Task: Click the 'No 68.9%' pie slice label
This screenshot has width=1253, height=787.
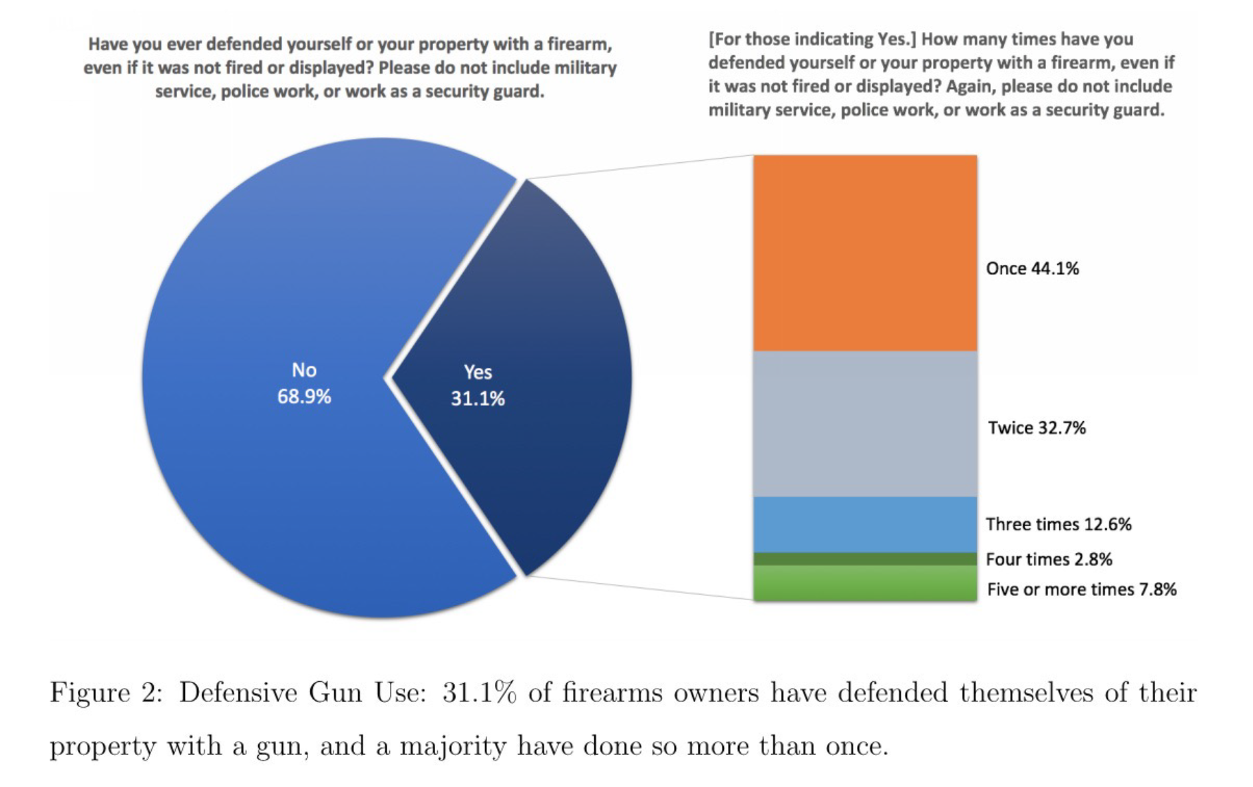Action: [x=304, y=383]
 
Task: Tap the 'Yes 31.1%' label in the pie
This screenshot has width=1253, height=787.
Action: [x=478, y=385]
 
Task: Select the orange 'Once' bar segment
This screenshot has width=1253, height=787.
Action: [x=864, y=253]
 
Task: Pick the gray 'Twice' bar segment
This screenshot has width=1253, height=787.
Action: [x=864, y=424]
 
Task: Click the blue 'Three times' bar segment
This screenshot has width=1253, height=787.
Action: [x=864, y=524]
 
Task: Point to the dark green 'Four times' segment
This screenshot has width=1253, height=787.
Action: [x=864, y=559]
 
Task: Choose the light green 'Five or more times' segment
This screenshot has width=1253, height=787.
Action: [x=864, y=583]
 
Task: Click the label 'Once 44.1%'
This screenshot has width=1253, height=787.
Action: [x=1032, y=268]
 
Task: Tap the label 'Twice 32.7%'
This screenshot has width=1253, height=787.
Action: [x=1036, y=428]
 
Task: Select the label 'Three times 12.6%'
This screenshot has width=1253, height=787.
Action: [x=1058, y=524]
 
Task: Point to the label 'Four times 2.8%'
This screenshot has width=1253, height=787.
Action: [x=1049, y=559]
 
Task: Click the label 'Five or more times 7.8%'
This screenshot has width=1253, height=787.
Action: [x=1081, y=589]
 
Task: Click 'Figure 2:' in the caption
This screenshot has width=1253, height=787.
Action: [x=106, y=693]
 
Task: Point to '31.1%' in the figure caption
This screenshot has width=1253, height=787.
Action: [x=479, y=693]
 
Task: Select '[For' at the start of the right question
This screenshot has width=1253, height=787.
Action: [x=723, y=39]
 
